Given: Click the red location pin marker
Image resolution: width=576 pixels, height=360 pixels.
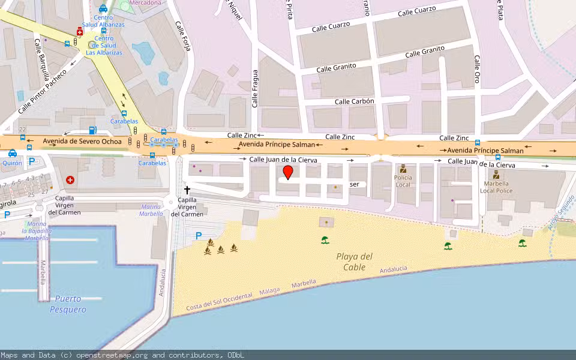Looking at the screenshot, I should [288, 172].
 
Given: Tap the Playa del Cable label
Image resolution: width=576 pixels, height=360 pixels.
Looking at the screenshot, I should [354, 262].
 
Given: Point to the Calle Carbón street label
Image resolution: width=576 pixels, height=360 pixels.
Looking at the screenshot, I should [354, 101].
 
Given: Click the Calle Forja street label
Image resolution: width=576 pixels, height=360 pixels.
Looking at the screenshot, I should [182, 37].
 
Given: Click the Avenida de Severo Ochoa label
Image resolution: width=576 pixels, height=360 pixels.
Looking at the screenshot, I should [82, 142].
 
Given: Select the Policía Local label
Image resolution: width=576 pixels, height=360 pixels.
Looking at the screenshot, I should [403, 181].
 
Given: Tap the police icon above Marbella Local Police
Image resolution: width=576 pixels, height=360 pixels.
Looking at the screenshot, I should [496, 175].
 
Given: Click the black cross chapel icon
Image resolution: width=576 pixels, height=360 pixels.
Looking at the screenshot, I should [187, 190].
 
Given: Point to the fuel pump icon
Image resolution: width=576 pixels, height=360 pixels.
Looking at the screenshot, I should [92, 130].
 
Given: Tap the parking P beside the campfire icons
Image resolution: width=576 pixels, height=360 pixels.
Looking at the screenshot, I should [199, 236].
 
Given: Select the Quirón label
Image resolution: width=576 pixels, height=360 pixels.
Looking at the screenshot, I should [12, 163].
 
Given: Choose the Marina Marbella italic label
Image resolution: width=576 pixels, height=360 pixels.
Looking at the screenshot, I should [151, 210].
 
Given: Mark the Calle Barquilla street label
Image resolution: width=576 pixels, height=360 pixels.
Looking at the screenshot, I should [40, 54].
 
